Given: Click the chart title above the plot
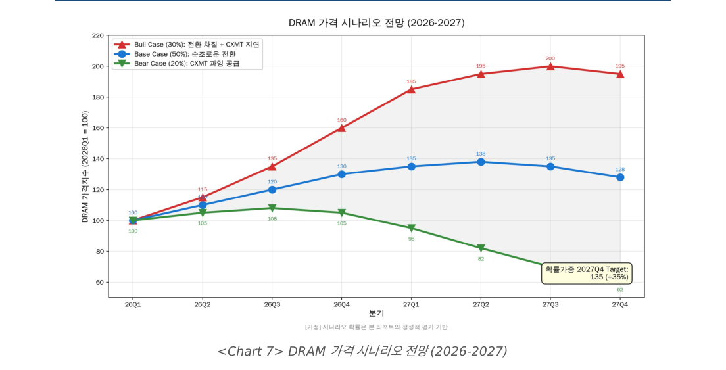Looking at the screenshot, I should coord(376,23).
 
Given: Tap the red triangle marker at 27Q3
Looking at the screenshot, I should coord(550,66).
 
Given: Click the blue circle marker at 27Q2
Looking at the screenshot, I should coord(481,162).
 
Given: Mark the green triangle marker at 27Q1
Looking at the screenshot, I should coord(411,229).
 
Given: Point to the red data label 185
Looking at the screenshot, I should coord(411,81).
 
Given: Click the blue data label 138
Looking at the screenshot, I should coord(481,154).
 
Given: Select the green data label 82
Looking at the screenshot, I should coord(481,259).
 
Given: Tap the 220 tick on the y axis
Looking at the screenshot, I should coord(97,35).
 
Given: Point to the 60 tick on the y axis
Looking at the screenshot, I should coord(99,283).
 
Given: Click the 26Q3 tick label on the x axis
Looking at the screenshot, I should coord(272,304).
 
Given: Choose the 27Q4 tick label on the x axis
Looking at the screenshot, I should coord(619,304).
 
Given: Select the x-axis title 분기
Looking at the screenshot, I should coord(376,313).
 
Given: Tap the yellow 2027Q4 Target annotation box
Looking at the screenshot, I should coord(587,273).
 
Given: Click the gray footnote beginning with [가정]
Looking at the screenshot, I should coord(376,327).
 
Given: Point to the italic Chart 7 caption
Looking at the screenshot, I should coord(362,351).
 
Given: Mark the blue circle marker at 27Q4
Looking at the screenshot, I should coord(619,177).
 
